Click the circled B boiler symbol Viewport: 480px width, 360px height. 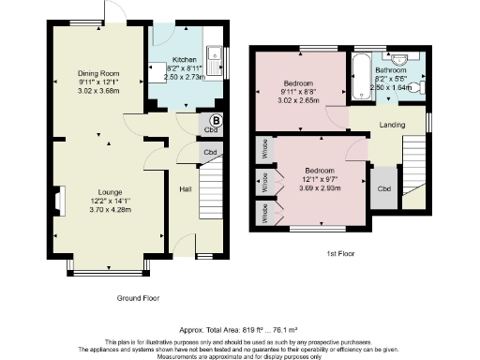pyautogui.click(x=215, y=120)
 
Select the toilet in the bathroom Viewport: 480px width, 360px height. pyautogui.click(x=419, y=86)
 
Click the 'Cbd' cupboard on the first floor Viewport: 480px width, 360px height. pyautogui.click(x=383, y=187)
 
